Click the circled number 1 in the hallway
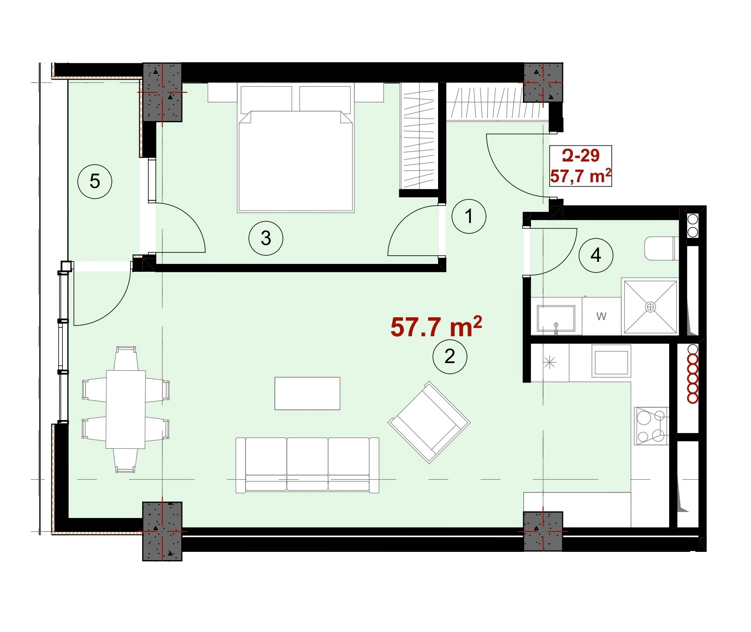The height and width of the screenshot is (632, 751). (469, 216)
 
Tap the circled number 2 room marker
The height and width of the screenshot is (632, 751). (450, 356)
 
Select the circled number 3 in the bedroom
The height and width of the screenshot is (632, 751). (266, 238)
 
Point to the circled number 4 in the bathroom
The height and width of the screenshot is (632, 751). (596, 255)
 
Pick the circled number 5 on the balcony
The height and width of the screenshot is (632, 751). (95, 181)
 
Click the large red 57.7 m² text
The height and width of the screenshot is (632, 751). (436, 327)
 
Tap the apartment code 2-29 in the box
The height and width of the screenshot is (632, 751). (580, 155)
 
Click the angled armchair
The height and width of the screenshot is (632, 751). (429, 422)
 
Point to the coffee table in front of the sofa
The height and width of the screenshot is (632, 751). (308, 393)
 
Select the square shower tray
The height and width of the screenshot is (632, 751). (651, 306)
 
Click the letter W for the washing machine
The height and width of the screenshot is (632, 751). (601, 316)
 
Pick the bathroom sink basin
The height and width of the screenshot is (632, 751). (556, 318)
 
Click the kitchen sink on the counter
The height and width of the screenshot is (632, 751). (611, 361)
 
